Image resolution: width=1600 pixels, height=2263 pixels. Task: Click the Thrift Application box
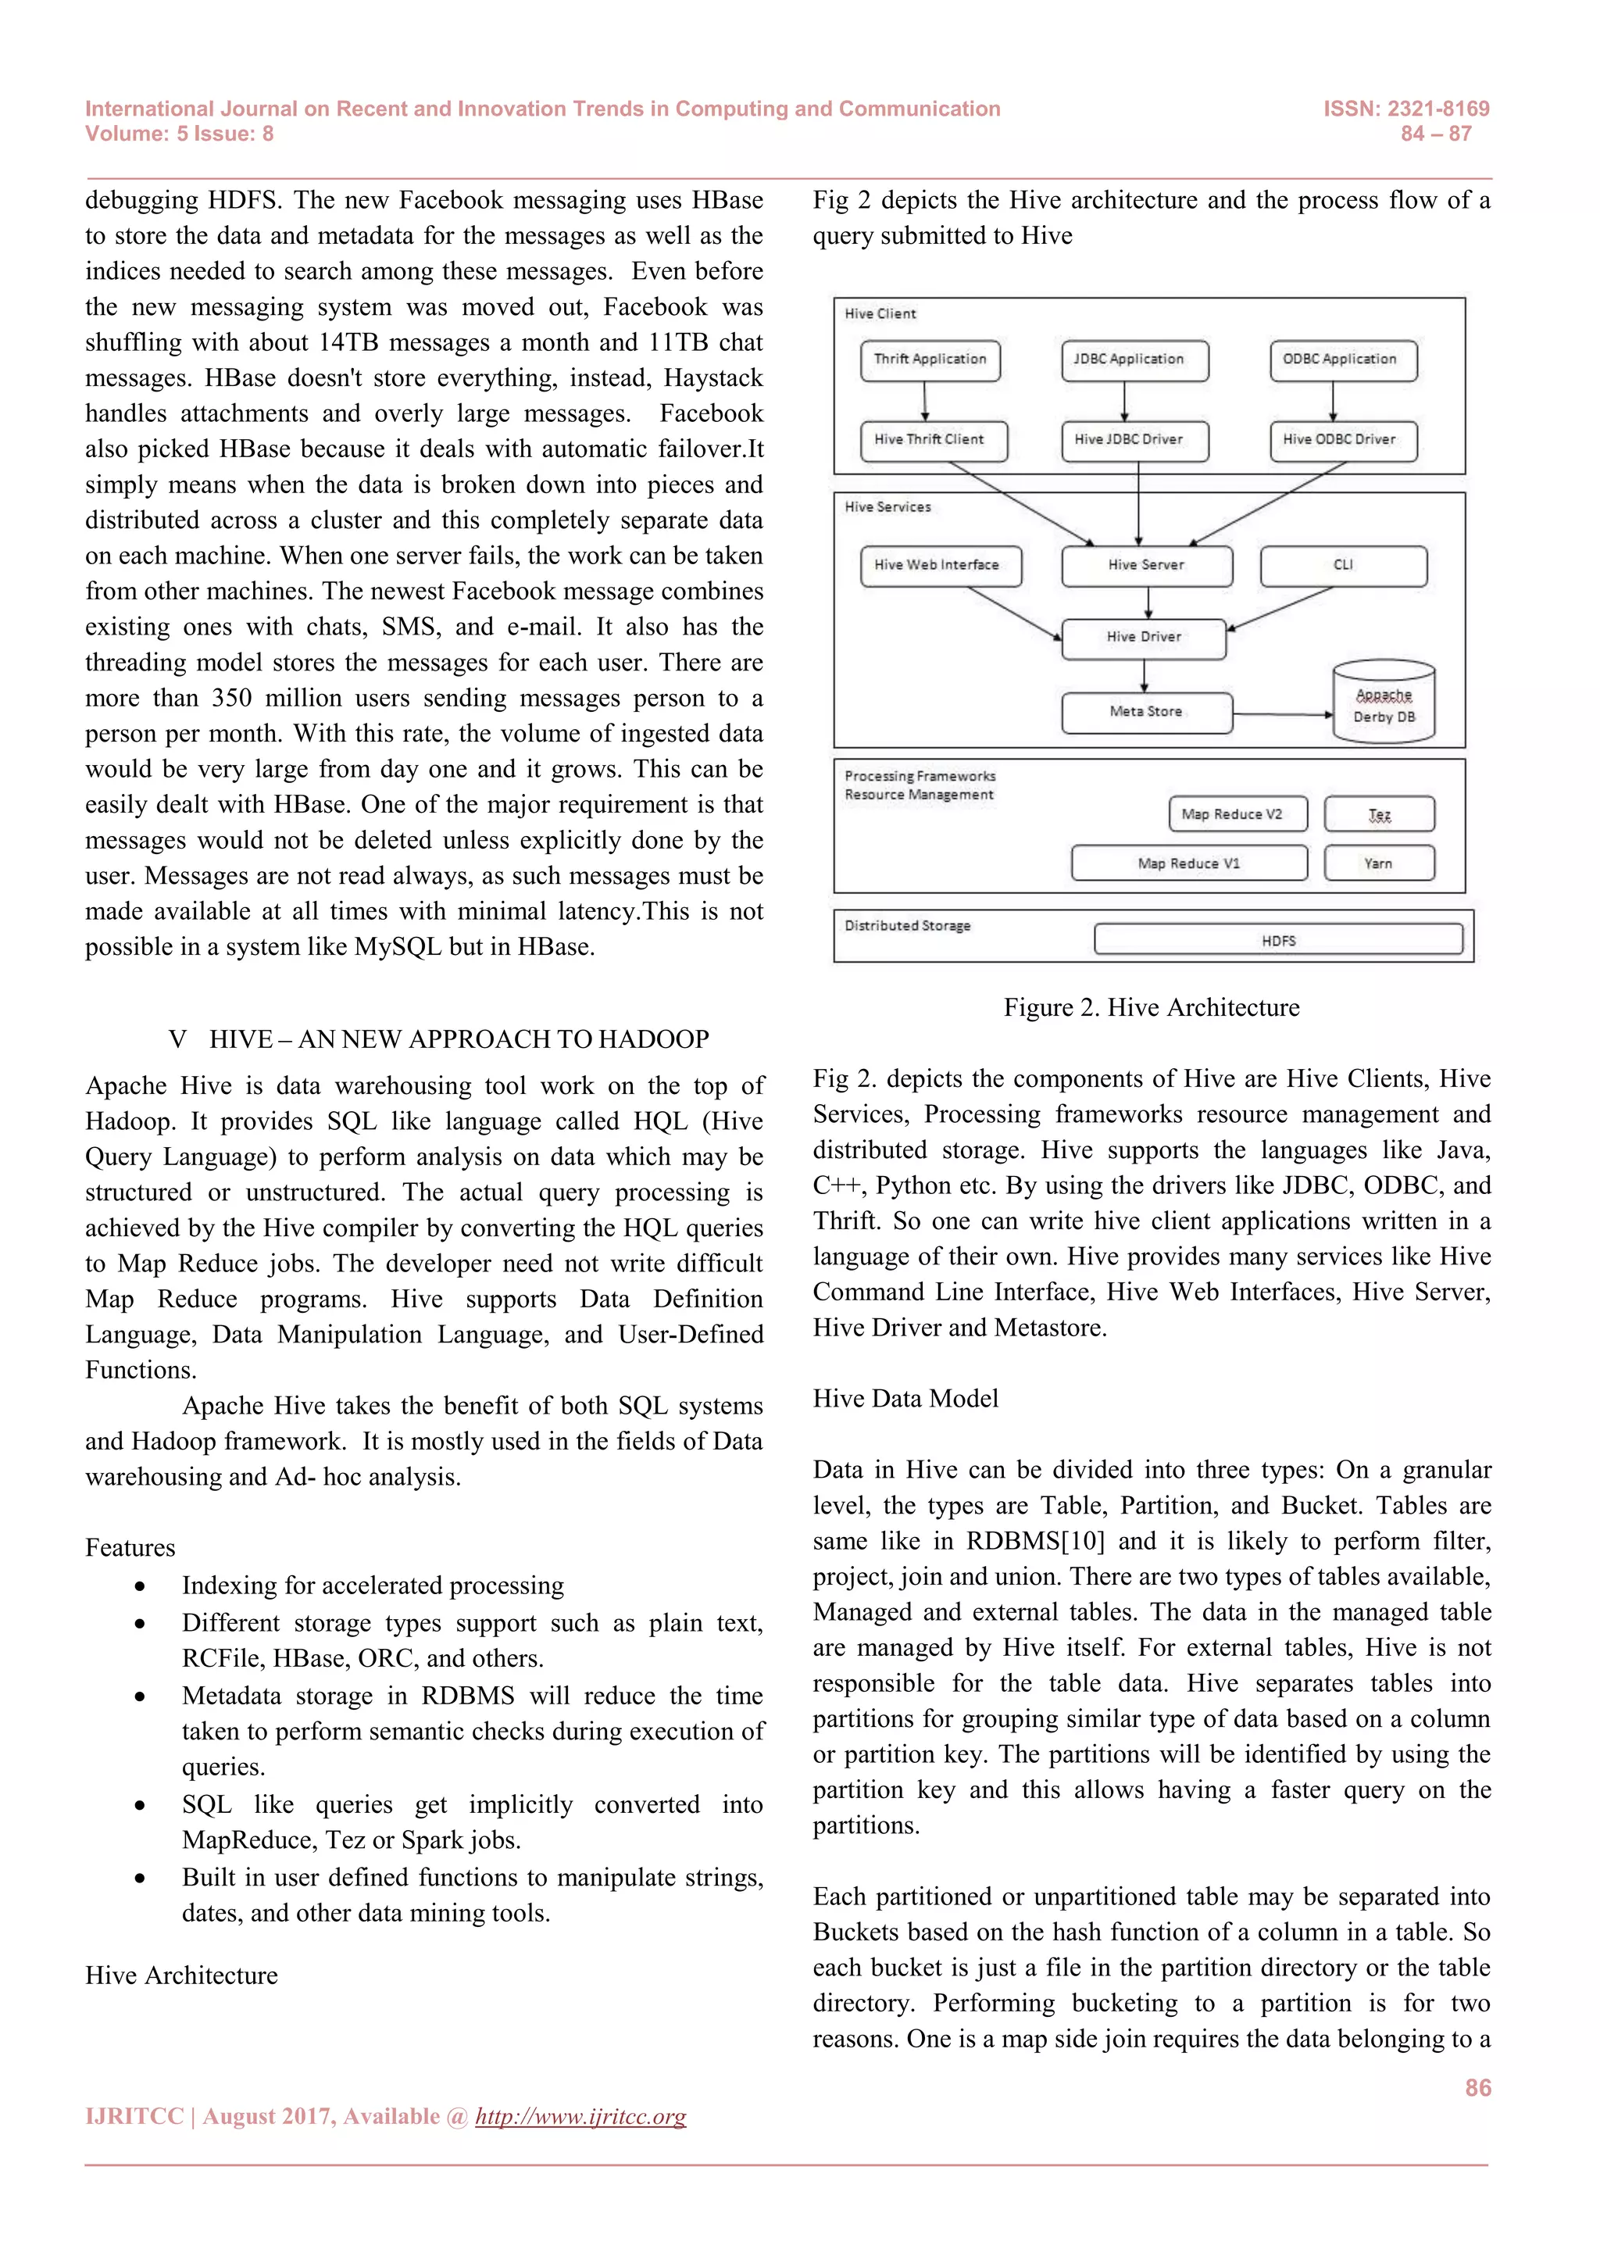point(929,359)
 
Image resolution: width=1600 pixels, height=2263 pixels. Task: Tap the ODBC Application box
point(1342,359)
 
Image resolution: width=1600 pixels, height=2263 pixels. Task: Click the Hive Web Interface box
point(940,566)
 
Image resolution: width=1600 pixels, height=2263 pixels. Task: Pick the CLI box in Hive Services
point(1343,566)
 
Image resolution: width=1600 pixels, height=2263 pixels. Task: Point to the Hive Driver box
point(1143,638)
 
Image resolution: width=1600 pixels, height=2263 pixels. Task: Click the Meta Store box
point(1146,712)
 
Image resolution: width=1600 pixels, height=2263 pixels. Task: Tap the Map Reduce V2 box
point(1237,814)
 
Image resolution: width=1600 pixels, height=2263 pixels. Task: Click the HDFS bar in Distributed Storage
point(1278,940)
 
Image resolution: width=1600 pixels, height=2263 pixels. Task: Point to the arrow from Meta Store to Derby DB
point(1280,713)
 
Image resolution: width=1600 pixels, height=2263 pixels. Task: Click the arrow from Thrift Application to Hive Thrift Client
point(924,400)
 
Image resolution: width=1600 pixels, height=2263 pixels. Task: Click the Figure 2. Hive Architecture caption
point(1151,1007)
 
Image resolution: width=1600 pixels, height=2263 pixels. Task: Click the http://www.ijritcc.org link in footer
point(580,2116)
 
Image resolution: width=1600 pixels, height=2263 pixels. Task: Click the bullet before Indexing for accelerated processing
point(141,1586)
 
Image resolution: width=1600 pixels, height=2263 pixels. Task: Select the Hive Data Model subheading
point(905,1399)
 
